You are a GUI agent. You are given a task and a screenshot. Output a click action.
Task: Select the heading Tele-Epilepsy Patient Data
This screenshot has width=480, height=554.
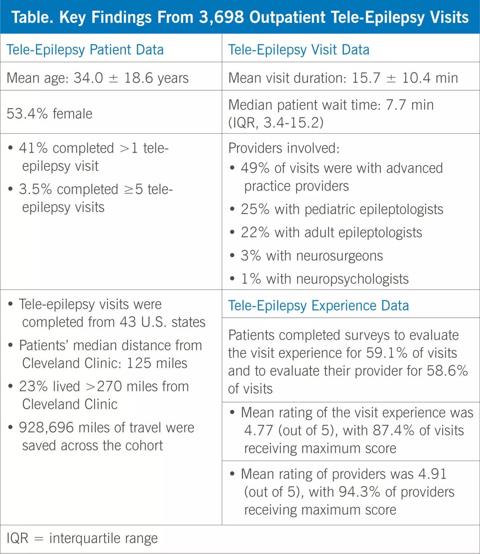(x=85, y=50)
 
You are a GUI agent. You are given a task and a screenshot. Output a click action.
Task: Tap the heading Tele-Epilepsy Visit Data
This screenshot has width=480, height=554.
(x=298, y=50)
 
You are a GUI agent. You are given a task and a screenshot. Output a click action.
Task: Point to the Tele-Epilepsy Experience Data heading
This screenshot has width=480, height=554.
(x=318, y=306)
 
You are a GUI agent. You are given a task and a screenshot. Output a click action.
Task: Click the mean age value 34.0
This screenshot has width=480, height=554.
(x=88, y=78)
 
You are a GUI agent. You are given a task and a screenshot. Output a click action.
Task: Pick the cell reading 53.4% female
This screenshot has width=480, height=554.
(x=49, y=114)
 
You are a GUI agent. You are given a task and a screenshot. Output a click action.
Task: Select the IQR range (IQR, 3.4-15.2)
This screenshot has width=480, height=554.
(x=276, y=122)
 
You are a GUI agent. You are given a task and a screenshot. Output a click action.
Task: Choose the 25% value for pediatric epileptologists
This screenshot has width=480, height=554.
(x=255, y=209)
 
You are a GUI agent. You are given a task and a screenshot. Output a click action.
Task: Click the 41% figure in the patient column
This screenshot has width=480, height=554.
(x=33, y=148)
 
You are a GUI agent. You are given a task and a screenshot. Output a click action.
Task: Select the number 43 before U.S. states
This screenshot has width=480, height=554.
(x=128, y=322)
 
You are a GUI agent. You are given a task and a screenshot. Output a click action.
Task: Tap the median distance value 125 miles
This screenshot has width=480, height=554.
(x=157, y=363)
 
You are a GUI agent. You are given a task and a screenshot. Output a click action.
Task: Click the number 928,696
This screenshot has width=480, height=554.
(x=46, y=428)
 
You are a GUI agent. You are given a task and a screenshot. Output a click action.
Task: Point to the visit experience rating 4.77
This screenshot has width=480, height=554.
(x=259, y=430)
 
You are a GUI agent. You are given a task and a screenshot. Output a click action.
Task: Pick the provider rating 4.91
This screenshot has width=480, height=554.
(x=432, y=474)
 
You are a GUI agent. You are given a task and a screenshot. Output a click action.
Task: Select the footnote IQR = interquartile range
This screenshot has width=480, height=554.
(x=82, y=538)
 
